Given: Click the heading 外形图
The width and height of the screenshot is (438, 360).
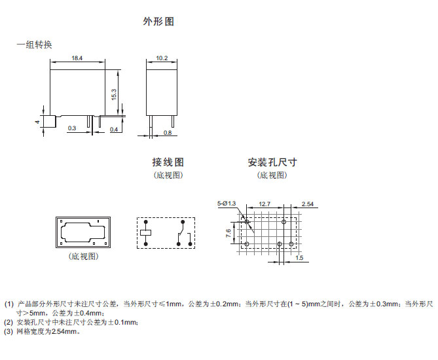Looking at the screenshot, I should pyautogui.click(x=158, y=22).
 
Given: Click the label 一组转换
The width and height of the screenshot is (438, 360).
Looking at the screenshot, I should pyautogui.click(x=34, y=45).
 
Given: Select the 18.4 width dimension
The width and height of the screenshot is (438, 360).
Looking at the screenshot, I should pyautogui.click(x=77, y=59).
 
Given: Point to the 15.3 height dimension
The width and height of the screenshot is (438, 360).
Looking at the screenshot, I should pyautogui.click(x=114, y=94).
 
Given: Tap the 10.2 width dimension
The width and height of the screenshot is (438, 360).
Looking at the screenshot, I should pyautogui.click(x=162, y=59).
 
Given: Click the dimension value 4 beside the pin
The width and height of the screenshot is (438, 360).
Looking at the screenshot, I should pyautogui.click(x=38, y=122).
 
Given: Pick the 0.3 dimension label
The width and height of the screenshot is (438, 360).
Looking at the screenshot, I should pyautogui.click(x=72, y=129).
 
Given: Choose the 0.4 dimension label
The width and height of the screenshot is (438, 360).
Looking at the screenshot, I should pyautogui.click(x=113, y=130).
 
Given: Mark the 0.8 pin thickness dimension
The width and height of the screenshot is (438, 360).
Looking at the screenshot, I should pyautogui.click(x=167, y=133).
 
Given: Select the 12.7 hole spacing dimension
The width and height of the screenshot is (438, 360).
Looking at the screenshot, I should pyautogui.click(x=265, y=204).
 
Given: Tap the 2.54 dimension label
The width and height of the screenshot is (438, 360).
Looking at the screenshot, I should pyautogui.click(x=307, y=204).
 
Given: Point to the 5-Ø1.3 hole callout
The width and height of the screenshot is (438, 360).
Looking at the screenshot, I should pyautogui.click(x=227, y=204).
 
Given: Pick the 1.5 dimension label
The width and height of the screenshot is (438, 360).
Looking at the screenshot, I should pyautogui.click(x=299, y=257).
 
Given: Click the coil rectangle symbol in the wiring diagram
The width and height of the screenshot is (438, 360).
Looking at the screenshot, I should pyautogui.click(x=146, y=232).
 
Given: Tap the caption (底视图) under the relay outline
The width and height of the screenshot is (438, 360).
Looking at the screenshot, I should pyautogui.click(x=82, y=256).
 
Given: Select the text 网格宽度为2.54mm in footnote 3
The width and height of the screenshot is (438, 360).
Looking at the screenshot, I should pyautogui.click(x=48, y=331).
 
